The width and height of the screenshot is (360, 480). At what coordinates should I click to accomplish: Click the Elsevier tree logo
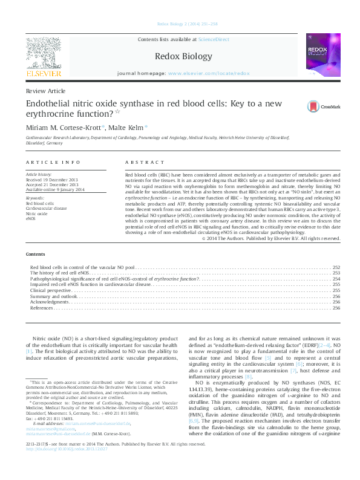point(43,53)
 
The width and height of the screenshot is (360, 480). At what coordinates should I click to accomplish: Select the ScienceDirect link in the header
point(214,39)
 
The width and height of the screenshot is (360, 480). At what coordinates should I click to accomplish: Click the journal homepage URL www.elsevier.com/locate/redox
point(209,73)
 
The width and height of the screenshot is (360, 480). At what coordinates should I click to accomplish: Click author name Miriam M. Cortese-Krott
point(64,127)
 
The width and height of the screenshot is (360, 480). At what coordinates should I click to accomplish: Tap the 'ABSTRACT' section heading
point(145,163)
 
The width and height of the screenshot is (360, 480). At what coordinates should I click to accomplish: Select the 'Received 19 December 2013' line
point(51,180)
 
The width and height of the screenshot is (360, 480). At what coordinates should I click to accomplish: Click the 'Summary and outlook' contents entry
point(54,296)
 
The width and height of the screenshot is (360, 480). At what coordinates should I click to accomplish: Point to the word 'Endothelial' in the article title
point(52,103)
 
